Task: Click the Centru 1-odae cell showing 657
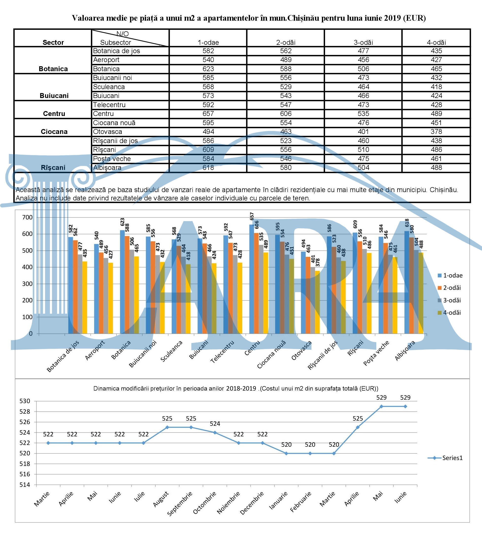pyautogui.click(x=208, y=114)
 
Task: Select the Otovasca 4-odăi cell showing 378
pyautogui.click(x=436, y=132)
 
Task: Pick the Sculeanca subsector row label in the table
pyautogui.click(x=109, y=87)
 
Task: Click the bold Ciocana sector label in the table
pyautogui.click(x=54, y=132)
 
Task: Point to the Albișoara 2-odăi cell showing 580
pyautogui.click(x=286, y=168)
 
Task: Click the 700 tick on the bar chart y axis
pyautogui.click(x=27, y=217)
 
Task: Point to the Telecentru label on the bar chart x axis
pyautogui.click(x=222, y=352)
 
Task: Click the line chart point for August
pyautogui.click(x=167, y=427)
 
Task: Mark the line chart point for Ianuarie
pyautogui.click(x=286, y=453)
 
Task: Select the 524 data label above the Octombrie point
pyautogui.click(x=215, y=424)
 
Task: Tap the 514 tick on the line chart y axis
pyautogui.click(x=25, y=485)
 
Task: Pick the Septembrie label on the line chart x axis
pyautogui.click(x=180, y=504)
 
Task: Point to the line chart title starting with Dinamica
pyautogui.click(x=235, y=389)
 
